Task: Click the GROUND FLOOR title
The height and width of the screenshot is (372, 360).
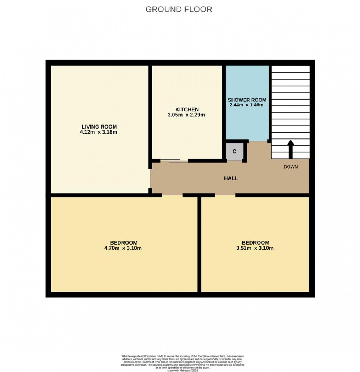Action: coord(179,10)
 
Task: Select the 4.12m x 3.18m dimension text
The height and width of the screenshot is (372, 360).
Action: coord(98,132)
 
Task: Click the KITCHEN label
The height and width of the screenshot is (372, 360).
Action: coord(187,109)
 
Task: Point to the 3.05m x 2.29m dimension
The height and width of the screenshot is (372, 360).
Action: coord(187,115)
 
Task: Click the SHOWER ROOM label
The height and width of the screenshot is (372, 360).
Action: coord(247,100)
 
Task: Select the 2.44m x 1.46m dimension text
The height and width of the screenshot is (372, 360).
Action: coord(247,105)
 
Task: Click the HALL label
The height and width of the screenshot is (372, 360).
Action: coord(231,178)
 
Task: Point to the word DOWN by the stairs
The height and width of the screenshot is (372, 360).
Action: coord(291,167)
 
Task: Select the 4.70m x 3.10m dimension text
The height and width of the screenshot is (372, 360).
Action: coord(123,248)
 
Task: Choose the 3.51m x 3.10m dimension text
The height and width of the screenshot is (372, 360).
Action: coord(255,248)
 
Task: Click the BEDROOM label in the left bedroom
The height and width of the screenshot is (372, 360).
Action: coord(124,242)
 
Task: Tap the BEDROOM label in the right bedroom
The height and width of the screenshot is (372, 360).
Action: coord(255,242)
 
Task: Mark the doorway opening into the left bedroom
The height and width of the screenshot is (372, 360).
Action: coord(172,195)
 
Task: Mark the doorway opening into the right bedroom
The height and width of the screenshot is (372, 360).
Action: coord(225,195)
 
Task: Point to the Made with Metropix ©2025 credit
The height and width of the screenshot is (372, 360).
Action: coord(183,368)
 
